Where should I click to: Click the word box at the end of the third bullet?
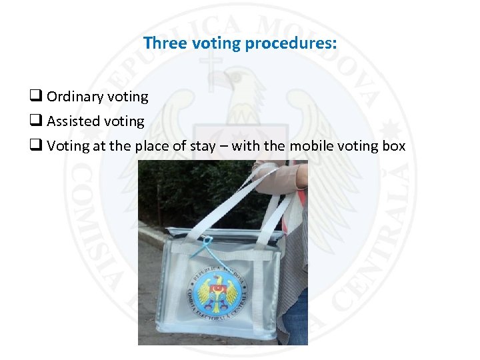[394, 146]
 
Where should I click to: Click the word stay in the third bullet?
[200, 146]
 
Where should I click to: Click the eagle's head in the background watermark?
[237, 83]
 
